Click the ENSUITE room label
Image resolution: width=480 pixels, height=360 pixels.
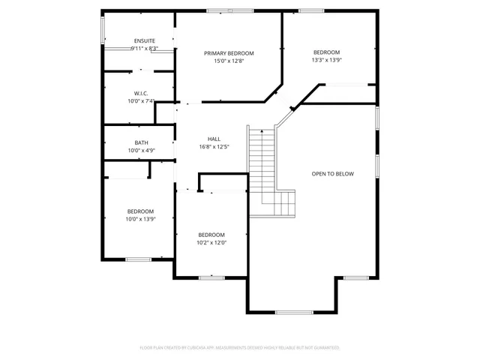144,40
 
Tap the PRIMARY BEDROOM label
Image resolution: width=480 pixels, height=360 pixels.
229,53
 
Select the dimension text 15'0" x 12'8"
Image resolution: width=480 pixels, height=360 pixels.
229,61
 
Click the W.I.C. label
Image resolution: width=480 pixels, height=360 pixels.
140,93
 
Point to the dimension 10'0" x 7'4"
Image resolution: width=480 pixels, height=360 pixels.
140,101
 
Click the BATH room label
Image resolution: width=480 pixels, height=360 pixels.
141,142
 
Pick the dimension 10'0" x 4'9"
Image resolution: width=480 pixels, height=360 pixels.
141,151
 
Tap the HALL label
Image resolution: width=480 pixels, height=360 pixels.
214,139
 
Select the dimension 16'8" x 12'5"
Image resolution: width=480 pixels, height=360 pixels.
214,147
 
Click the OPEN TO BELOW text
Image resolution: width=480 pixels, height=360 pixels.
332,174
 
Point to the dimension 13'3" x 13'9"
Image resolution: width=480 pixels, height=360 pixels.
326,60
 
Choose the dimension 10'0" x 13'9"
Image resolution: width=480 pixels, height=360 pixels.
140,219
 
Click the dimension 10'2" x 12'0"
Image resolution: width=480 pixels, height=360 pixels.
211,242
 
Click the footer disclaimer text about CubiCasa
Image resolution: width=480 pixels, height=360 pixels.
240,347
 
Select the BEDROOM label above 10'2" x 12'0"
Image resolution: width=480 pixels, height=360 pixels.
211,234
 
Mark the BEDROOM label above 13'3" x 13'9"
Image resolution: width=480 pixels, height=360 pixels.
326,52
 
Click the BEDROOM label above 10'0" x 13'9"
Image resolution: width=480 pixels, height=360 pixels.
140,211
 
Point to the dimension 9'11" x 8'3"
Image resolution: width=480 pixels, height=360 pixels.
144,49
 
